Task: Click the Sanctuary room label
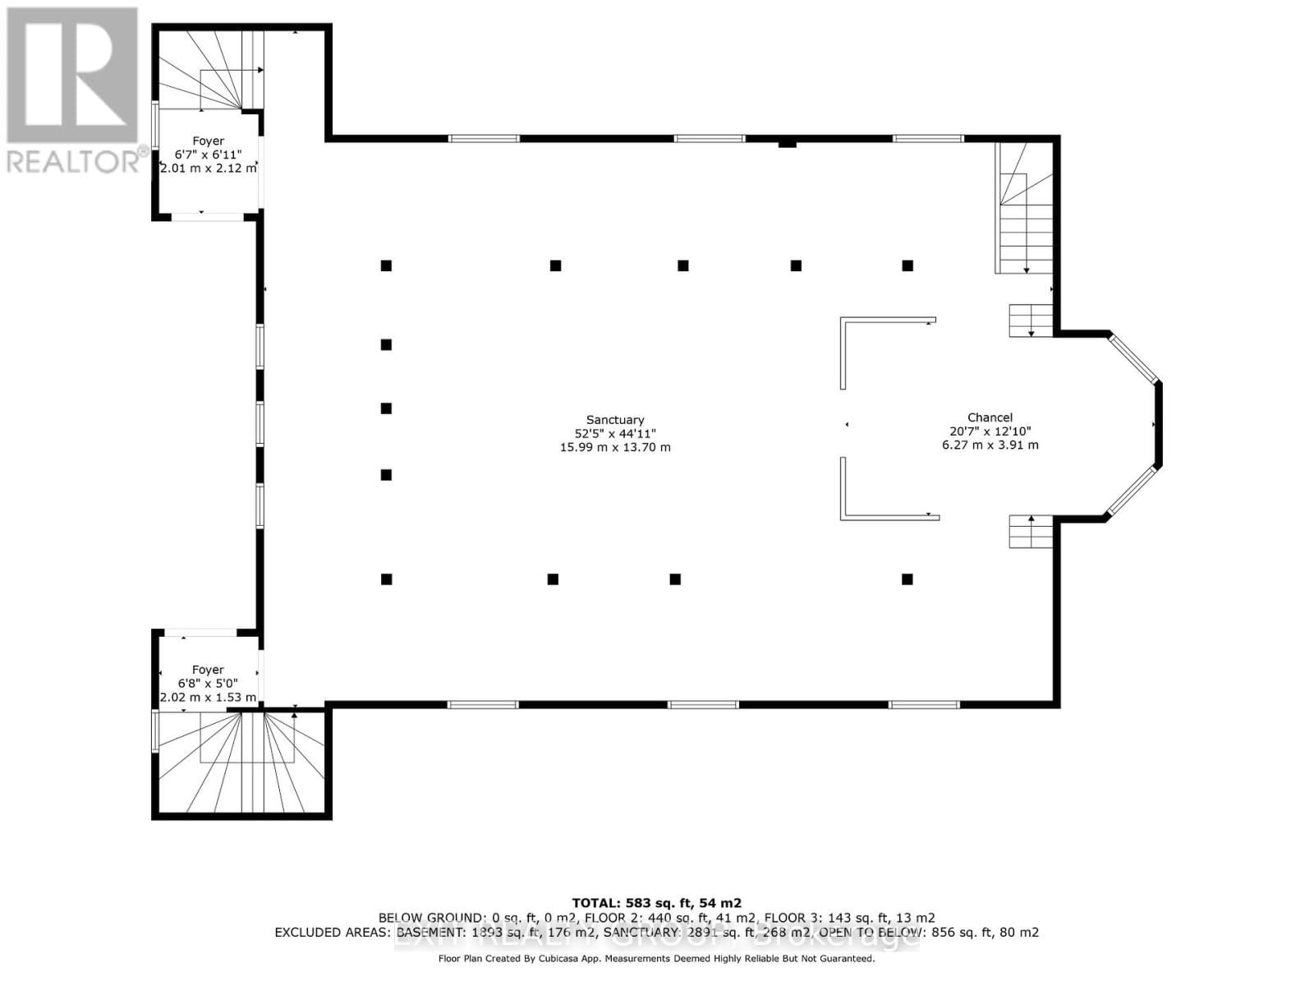click(x=614, y=419)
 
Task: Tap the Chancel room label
click(x=990, y=417)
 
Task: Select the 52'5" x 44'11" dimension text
click(x=614, y=433)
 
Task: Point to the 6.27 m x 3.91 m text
click(x=990, y=445)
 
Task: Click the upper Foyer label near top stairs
click(x=208, y=141)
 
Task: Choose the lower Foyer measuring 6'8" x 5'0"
click(x=208, y=682)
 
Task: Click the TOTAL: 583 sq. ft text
click(x=656, y=903)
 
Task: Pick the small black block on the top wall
click(x=787, y=145)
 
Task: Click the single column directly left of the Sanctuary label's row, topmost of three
click(x=386, y=344)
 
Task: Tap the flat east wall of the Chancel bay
click(x=1159, y=425)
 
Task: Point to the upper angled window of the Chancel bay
click(x=1133, y=357)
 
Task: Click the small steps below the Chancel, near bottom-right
click(x=1031, y=532)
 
